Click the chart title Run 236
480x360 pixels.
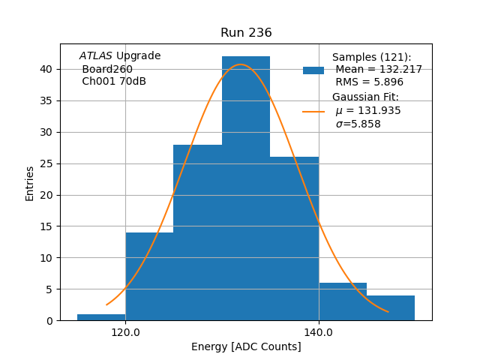[246, 33]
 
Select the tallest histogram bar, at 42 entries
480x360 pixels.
[246, 187]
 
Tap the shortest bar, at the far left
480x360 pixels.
[101, 317]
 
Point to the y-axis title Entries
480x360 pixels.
[30, 183]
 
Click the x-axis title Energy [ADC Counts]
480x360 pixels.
[246, 346]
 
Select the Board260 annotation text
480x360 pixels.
[107, 69]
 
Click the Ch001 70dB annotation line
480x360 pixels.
[114, 82]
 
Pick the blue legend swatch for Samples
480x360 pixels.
[313, 70]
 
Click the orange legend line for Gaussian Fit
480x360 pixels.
[313, 112]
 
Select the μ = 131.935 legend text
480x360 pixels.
[368, 111]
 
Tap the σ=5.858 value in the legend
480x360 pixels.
[358, 124]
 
